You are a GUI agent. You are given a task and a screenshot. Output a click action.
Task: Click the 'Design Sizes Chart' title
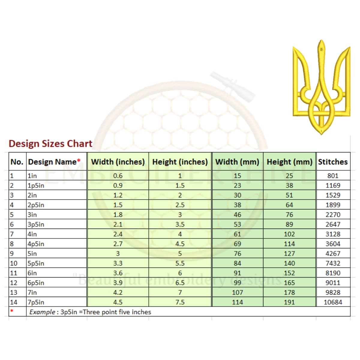(50, 144)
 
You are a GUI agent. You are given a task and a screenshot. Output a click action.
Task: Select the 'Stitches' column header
(333, 162)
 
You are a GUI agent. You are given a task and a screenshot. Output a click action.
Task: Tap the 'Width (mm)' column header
(237, 162)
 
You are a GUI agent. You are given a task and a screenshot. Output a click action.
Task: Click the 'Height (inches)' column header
(180, 162)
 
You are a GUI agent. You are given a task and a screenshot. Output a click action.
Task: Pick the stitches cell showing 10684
(333, 302)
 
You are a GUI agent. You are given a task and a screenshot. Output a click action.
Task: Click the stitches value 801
(333, 176)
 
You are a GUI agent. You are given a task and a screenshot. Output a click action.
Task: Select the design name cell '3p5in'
(36, 224)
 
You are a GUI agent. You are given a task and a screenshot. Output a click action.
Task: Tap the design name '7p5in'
(36, 302)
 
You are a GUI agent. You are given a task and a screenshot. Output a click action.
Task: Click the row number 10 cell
(14, 263)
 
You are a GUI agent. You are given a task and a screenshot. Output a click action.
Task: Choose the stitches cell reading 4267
(333, 253)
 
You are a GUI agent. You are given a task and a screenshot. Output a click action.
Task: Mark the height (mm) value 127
(289, 253)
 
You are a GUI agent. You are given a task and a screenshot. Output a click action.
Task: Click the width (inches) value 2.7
(118, 244)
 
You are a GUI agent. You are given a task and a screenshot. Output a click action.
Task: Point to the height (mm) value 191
(289, 302)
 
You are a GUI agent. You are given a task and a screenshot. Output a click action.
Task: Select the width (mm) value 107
(237, 292)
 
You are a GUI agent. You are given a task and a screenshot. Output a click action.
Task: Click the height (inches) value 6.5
(180, 283)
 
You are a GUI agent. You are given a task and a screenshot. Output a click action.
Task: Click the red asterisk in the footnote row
(12, 310)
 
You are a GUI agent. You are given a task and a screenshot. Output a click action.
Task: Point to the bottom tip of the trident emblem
(322, 134)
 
